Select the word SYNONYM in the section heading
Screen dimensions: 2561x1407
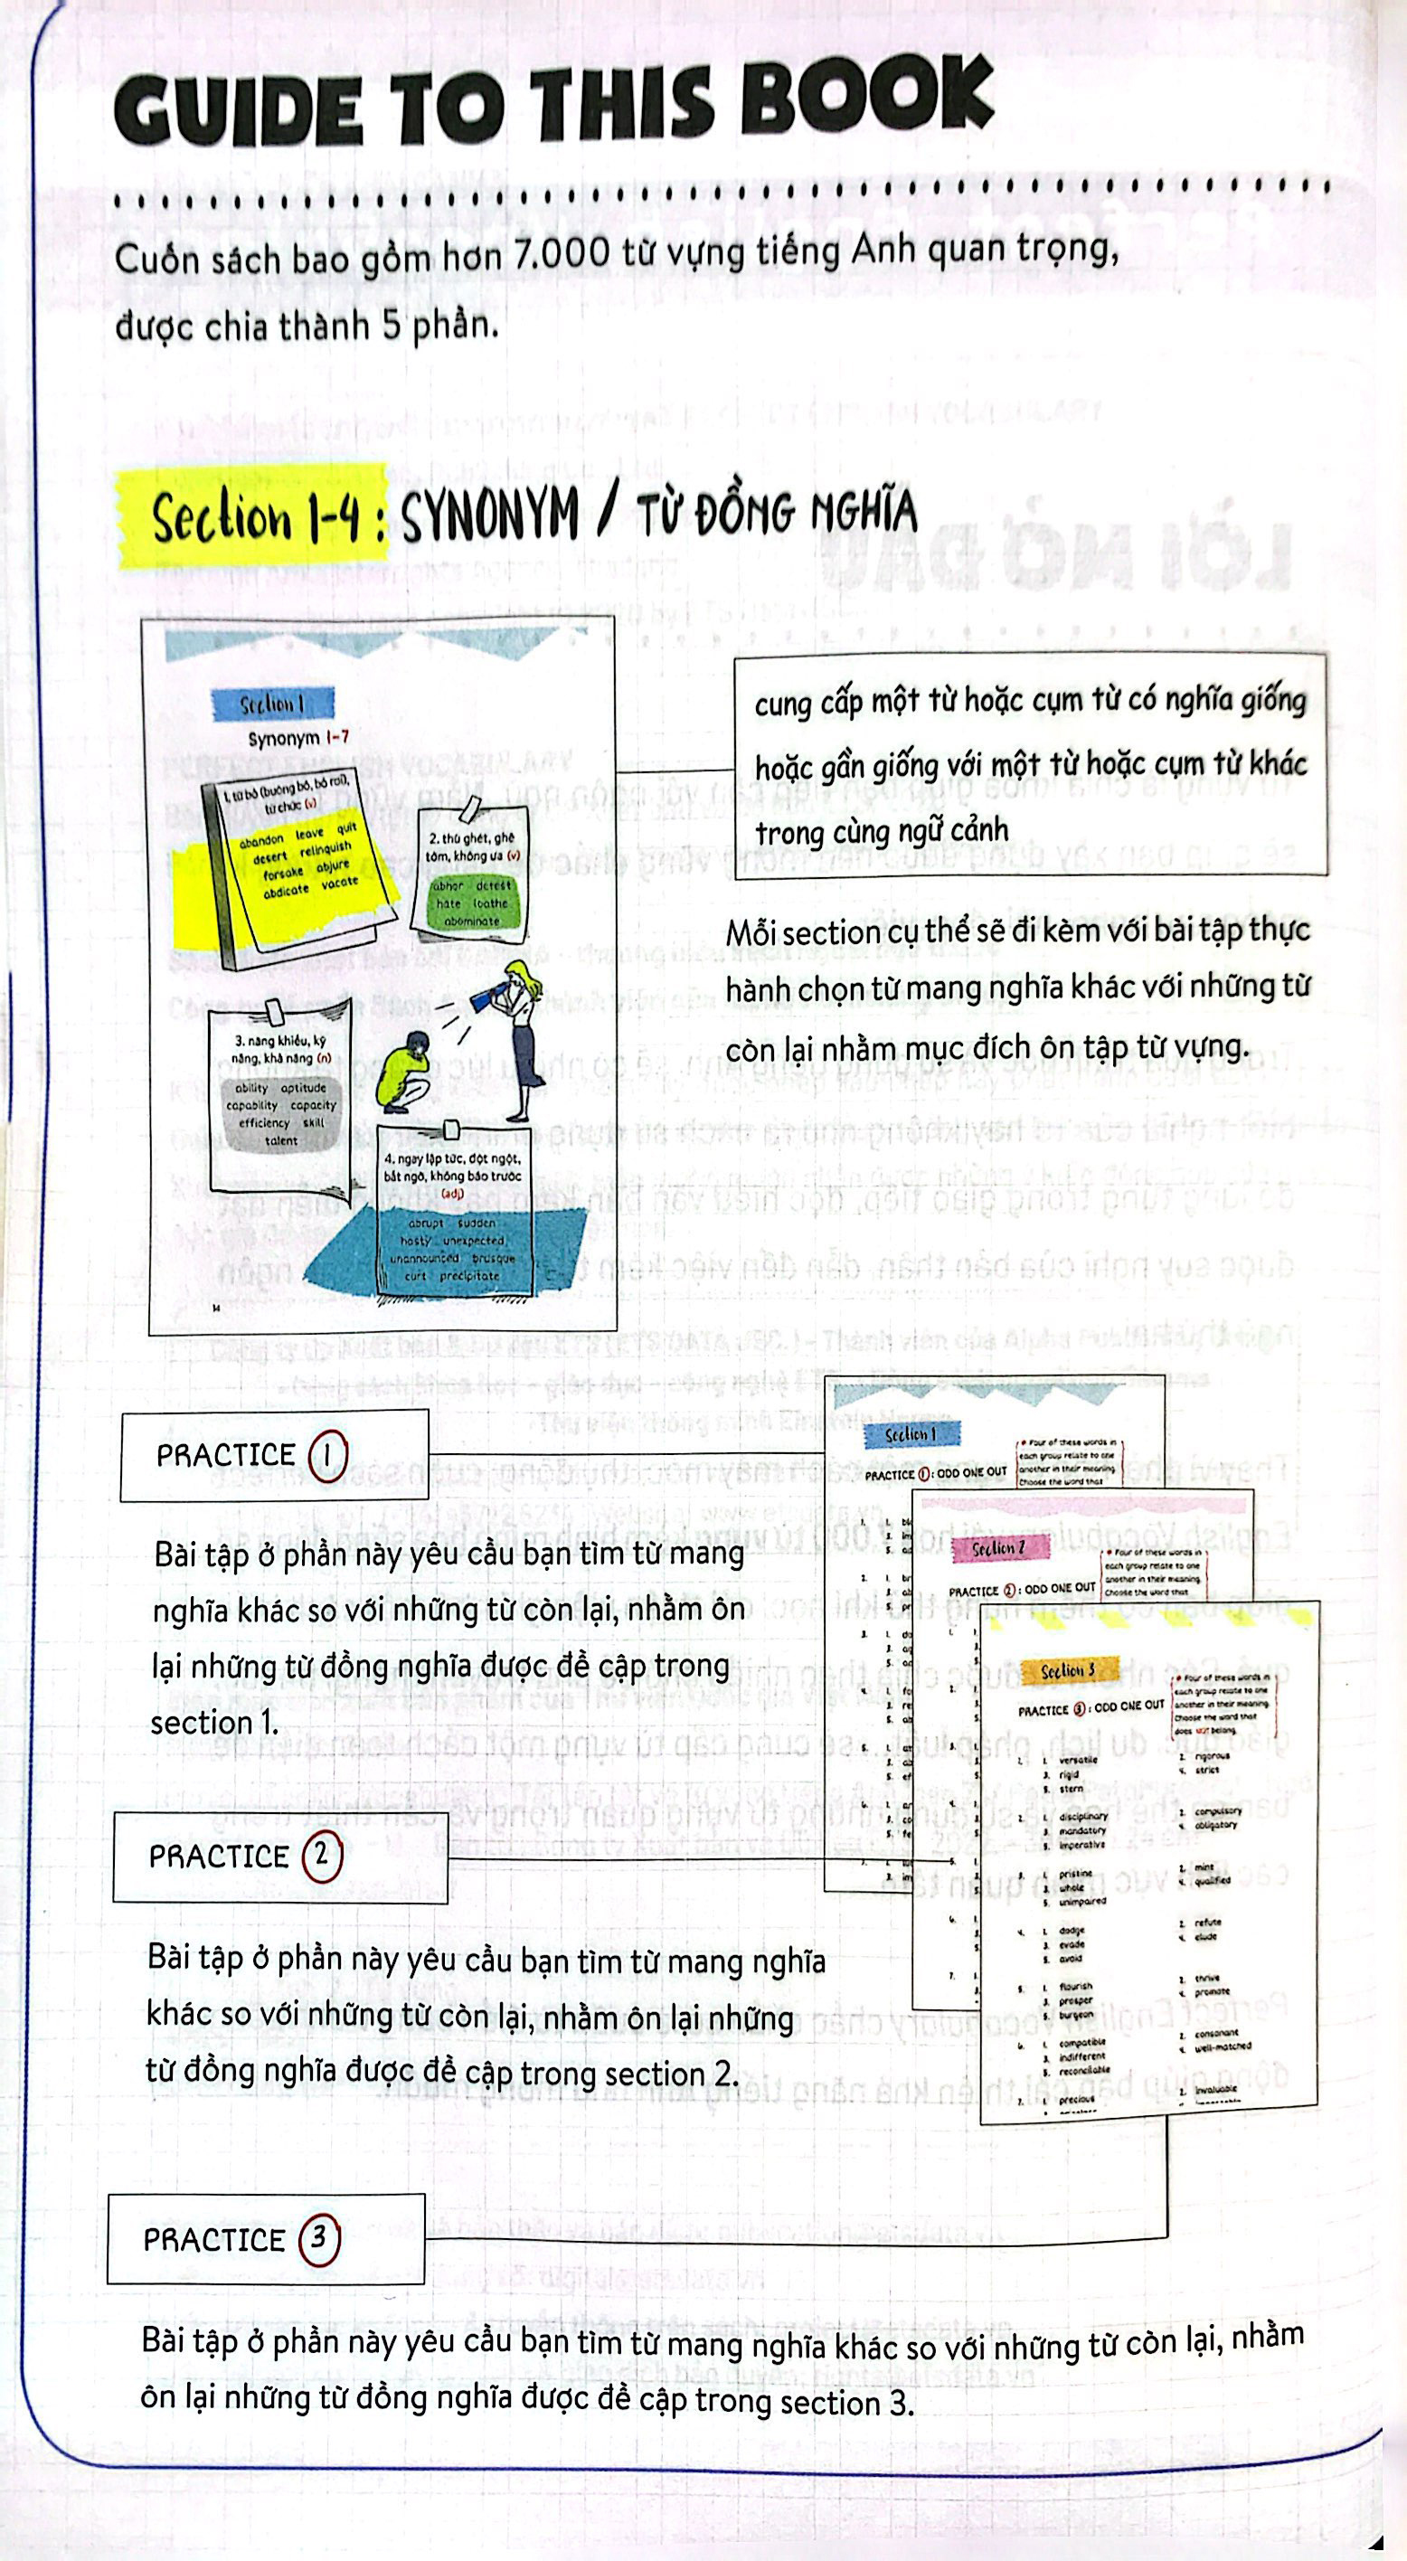click(x=488, y=515)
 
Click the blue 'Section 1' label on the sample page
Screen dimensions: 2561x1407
click(x=271, y=704)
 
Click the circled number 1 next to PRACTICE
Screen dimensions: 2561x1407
click(x=327, y=1455)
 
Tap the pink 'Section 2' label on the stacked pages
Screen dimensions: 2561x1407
click(x=997, y=1548)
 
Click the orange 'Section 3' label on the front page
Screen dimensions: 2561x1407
click(x=1068, y=1670)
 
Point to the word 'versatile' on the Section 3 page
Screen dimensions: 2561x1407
click(x=1078, y=1760)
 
